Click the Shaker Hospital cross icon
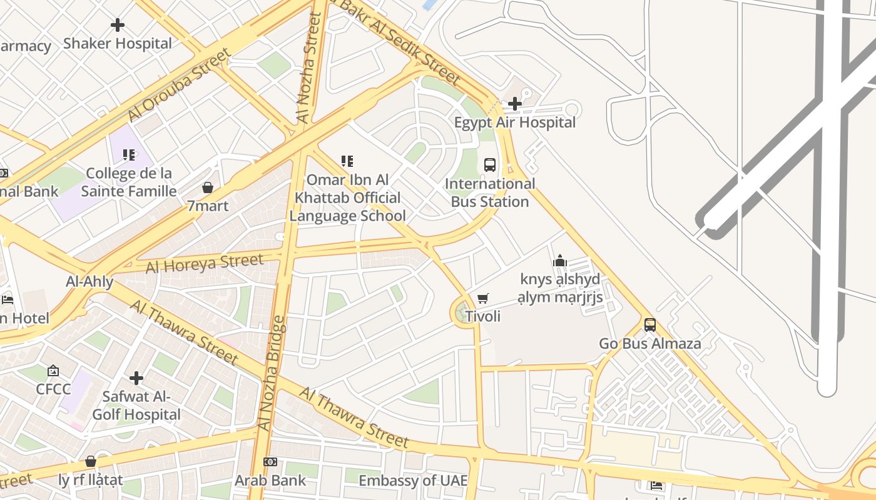tap(118, 25)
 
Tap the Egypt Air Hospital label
tap(514, 122)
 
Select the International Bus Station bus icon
tap(490, 165)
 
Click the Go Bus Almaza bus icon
tap(650, 325)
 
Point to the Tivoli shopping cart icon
tap(482, 298)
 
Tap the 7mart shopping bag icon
tap(208, 187)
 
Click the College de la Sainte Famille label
tap(129, 182)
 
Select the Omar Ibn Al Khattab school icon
tap(347, 161)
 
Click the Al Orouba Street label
tap(179, 84)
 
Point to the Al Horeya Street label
tap(205, 263)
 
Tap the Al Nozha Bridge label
tap(272, 373)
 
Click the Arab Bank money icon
tap(270, 462)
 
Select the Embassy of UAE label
tap(412, 481)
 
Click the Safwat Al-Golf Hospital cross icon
tap(136, 378)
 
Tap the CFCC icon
tap(53, 371)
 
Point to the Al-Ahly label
tap(89, 282)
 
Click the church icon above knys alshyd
tap(559, 261)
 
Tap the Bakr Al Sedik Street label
tap(400, 41)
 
